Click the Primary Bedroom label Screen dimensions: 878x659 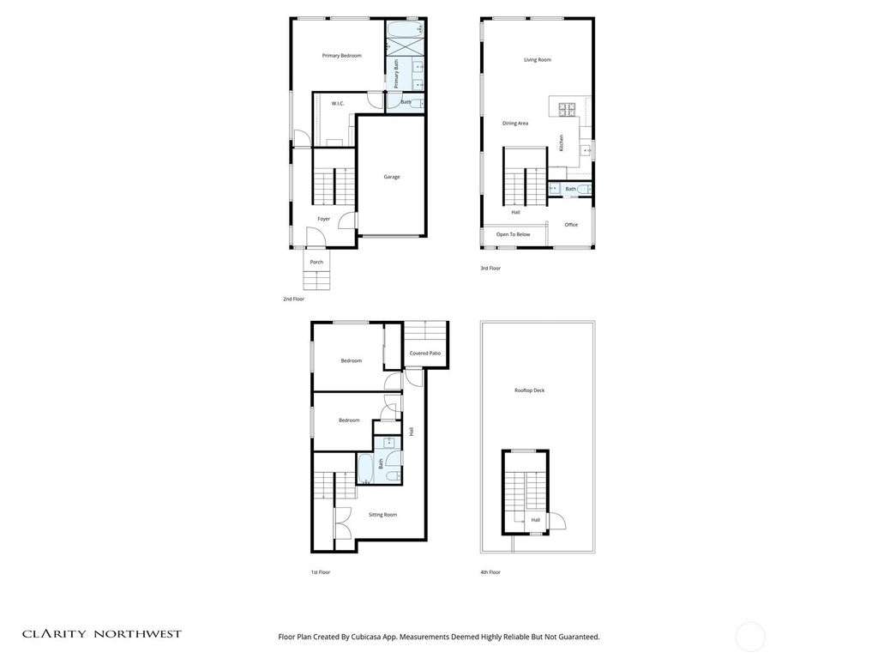(x=341, y=56)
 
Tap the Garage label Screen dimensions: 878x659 (x=392, y=177)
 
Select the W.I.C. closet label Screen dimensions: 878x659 (x=338, y=104)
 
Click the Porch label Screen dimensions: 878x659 (x=316, y=263)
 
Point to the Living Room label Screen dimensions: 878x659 (x=538, y=60)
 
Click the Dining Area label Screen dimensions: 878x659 (x=515, y=124)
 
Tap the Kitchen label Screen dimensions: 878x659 (x=561, y=143)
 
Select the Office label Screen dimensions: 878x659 (x=571, y=225)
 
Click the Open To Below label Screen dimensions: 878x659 (x=513, y=234)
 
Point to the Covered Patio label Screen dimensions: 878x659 (x=425, y=354)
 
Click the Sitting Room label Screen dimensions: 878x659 (x=383, y=515)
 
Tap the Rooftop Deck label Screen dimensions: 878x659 (x=530, y=390)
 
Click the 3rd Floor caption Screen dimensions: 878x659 (x=490, y=269)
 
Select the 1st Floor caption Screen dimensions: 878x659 (x=321, y=572)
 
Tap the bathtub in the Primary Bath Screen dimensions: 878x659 (x=405, y=29)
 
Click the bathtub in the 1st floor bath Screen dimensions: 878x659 (x=365, y=469)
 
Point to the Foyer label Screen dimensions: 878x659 (x=323, y=219)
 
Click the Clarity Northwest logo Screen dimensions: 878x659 (x=102, y=634)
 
